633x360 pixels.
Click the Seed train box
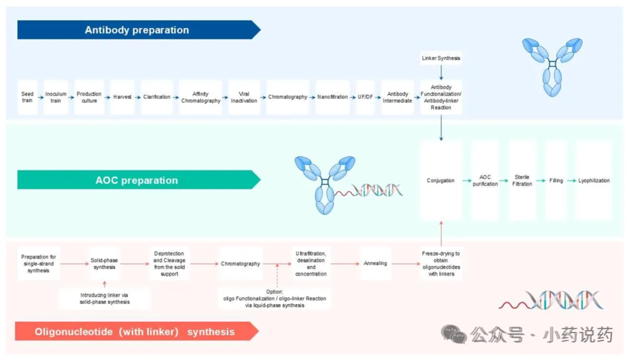27,97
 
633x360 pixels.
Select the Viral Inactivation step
244,97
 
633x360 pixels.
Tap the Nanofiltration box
332,97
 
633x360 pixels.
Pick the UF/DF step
366,97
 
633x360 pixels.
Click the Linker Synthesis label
441,58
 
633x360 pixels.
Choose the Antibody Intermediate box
397,97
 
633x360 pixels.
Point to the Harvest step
122,97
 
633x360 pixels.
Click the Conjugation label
440,181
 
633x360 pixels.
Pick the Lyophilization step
594,181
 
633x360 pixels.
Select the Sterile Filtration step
522,181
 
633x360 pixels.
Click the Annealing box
375,264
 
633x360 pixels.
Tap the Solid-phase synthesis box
104,264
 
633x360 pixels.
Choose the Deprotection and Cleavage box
169,264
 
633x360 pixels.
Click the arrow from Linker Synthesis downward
441,73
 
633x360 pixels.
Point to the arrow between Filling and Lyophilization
572,181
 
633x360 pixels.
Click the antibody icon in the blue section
553,67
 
